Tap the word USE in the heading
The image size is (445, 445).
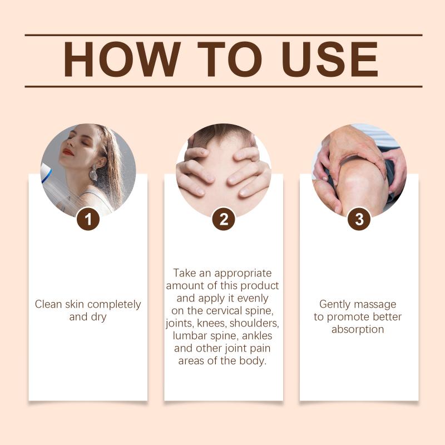(330, 60)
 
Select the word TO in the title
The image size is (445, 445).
(229, 60)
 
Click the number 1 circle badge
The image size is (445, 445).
(88, 219)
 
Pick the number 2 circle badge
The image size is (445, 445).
(224, 219)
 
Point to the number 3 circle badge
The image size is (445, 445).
(359, 219)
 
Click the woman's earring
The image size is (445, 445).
(93, 172)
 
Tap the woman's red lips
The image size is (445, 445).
(68, 152)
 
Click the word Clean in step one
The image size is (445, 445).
(48, 304)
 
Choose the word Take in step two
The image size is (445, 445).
(185, 273)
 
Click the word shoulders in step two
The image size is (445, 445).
(254, 323)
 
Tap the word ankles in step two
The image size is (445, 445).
(257, 336)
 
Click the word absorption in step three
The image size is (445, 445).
(358, 330)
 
